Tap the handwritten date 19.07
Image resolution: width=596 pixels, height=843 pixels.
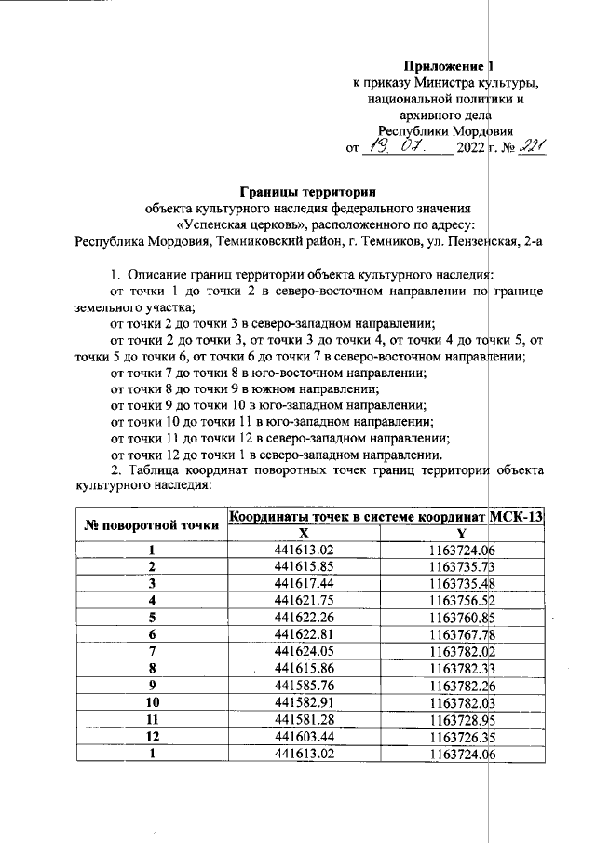[x=396, y=145]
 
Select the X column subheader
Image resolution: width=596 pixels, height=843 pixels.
[x=303, y=534]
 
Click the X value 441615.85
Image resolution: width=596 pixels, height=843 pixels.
[x=304, y=566]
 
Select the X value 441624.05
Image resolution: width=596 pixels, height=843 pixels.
[x=304, y=650]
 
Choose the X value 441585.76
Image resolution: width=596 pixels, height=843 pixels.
[x=304, y=684]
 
